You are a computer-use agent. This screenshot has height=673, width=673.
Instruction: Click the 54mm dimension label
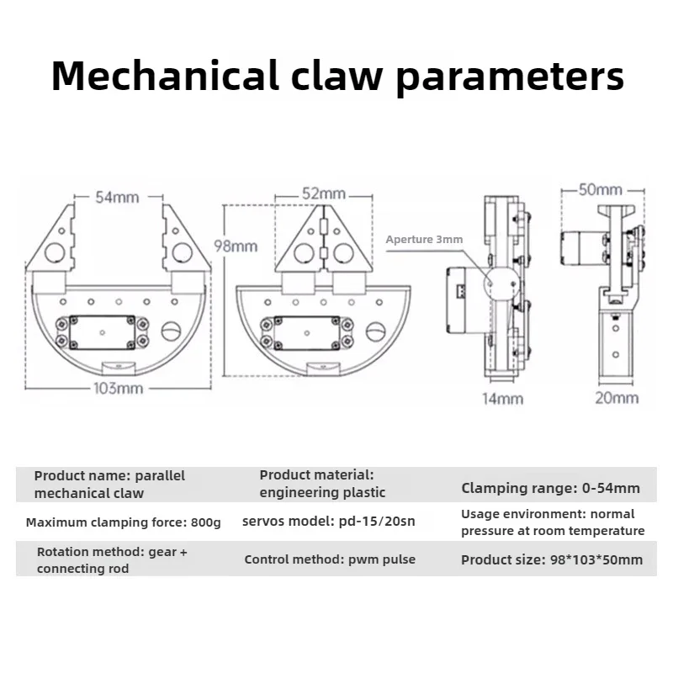117,198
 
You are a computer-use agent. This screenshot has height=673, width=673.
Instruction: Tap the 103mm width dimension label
118,389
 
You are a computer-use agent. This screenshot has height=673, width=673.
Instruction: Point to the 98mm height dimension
236,246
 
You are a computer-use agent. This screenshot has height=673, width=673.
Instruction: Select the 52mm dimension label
324,193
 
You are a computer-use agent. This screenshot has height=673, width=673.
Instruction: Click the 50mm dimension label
601,189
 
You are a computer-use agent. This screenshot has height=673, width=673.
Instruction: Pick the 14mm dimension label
502,398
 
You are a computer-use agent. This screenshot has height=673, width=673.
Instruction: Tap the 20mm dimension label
617,398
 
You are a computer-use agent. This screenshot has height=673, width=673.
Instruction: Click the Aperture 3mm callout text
424,240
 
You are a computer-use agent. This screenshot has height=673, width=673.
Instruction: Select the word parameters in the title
511,77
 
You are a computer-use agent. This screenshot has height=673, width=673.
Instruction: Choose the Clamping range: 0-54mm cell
550,488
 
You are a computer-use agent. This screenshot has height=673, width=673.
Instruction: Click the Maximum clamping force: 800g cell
123,522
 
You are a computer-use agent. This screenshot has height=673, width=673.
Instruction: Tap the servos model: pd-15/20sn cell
329,522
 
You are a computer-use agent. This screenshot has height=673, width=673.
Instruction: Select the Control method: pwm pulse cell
330,559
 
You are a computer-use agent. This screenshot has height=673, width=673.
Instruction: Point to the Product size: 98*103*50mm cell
552,559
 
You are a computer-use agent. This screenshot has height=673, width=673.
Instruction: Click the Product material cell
322,484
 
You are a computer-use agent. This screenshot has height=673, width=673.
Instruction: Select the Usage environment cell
553,522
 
